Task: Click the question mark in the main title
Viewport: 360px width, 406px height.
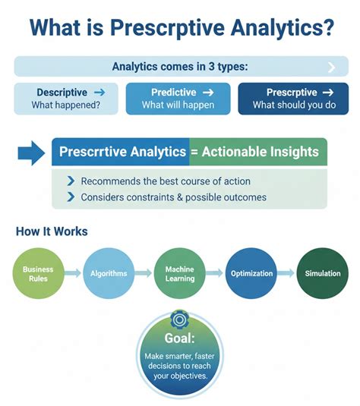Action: click(326, 29)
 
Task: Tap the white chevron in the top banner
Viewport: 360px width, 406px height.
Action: click(330, 67)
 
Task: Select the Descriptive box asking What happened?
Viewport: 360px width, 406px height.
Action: click(66, 99)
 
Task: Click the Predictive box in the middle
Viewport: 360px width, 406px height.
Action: click(178, 99)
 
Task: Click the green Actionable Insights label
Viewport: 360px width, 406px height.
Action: click(258, 152)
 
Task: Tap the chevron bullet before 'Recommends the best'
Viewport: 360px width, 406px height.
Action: click(71, 181)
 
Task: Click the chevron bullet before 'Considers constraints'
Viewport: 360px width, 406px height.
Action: click(71, 197)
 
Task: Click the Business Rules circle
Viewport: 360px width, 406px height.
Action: click(37, 273)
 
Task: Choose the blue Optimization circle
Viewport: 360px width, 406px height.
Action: click(250, 273)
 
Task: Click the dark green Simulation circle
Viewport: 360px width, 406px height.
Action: click(322, 273)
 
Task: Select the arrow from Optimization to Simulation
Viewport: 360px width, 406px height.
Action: click(286, 273)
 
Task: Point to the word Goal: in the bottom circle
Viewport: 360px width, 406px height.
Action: click(180, 338)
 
